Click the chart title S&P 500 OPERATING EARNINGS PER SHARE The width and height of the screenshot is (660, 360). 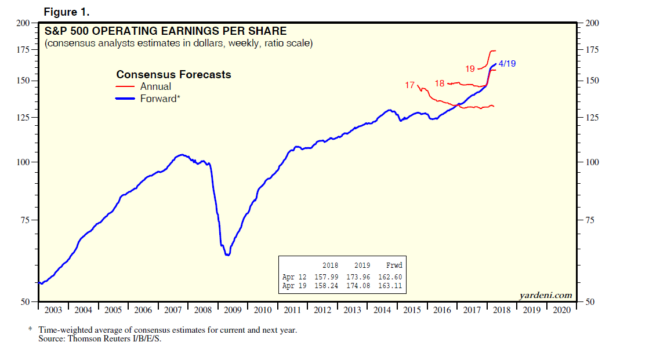[165, 31]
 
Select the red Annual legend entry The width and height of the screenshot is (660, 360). [155, 86]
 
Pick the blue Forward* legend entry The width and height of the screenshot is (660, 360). [160, 99]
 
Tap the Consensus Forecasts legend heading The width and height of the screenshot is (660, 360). [173, 75]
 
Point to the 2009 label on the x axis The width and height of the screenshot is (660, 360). [233, 310]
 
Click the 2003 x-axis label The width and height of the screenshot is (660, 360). [53, 310]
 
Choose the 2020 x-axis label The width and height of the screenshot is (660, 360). [562, 310]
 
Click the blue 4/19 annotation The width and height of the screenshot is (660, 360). [507, 64]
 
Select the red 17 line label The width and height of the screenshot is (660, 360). [410, 85]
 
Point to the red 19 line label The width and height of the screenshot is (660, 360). [470, 69]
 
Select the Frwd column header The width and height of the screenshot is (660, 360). [394, 266]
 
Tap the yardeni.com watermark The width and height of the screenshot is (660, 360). [545, 295]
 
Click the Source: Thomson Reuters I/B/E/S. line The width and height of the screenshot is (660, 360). [99, 338]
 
